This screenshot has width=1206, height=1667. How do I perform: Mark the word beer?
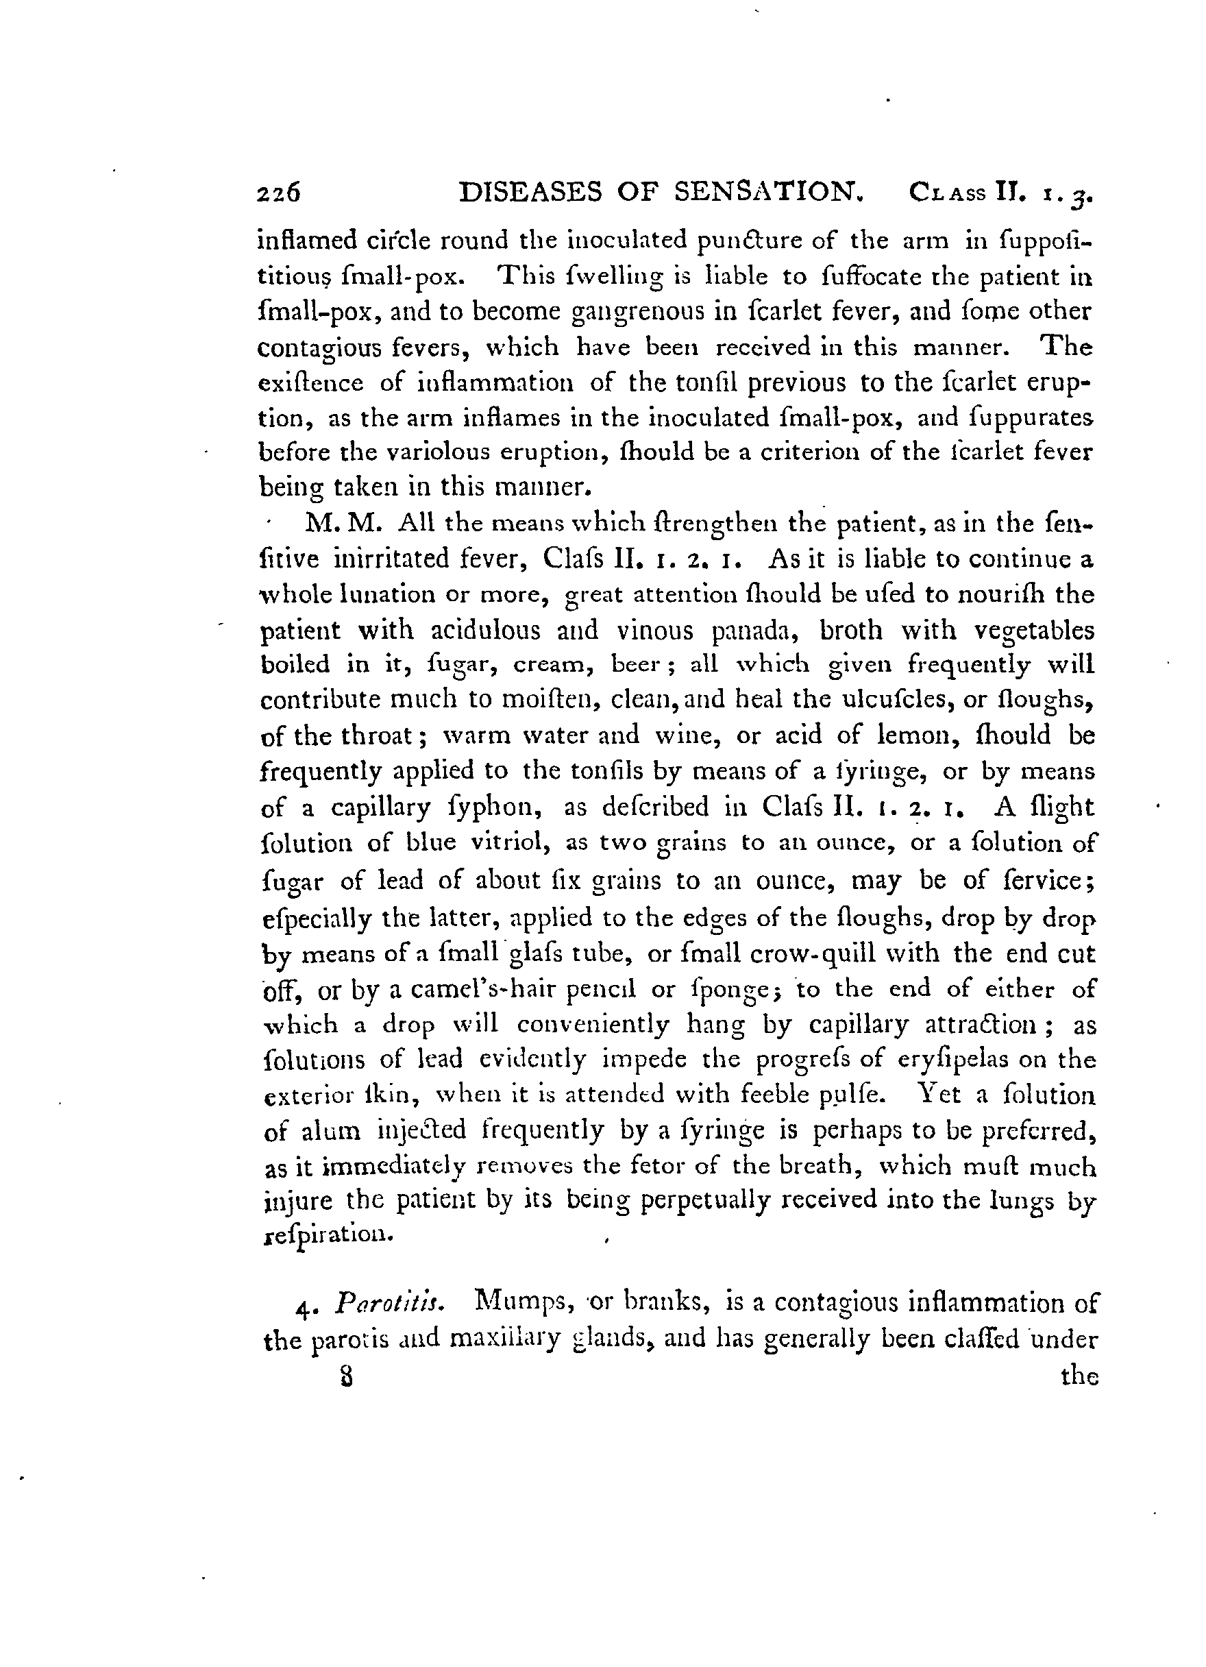click(x=637, y=665)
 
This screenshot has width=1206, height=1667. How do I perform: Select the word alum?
click(x=332, y=1131)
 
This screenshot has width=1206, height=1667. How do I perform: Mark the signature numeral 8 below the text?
click(x=343, y=1376)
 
